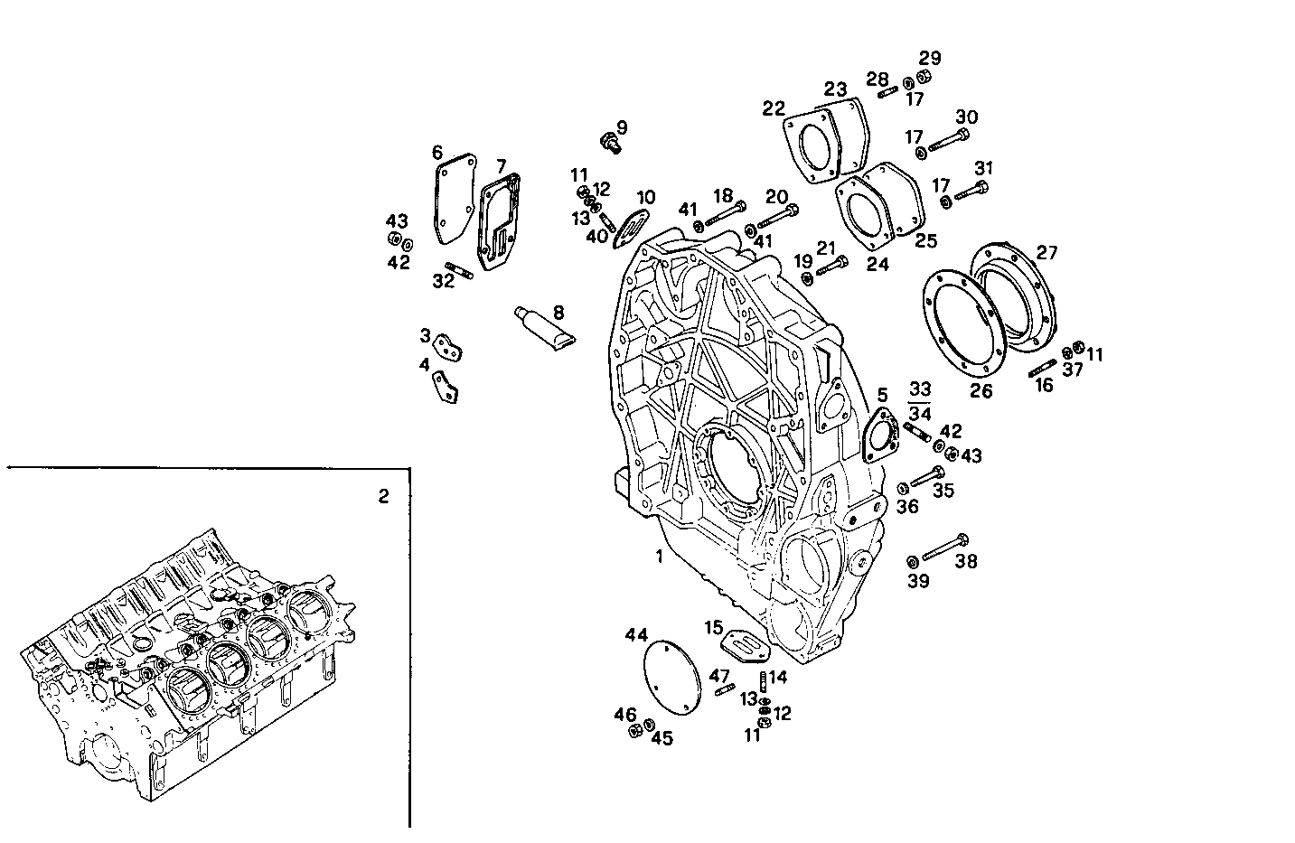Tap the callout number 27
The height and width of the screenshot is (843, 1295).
pyautogui.click(x=1046, y=253)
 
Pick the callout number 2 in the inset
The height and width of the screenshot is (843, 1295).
pyautogui.click(x=383, y=496)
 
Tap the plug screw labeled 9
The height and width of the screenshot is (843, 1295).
pyautogui.click(x=609, y=141)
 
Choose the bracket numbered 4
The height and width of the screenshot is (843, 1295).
pyautogui.click(x=445, y=387)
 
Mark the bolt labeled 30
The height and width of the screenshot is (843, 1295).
pyautogui.click(x=948, y=140)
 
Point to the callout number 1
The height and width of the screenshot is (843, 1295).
pyautogui.click(x=660, y=557)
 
